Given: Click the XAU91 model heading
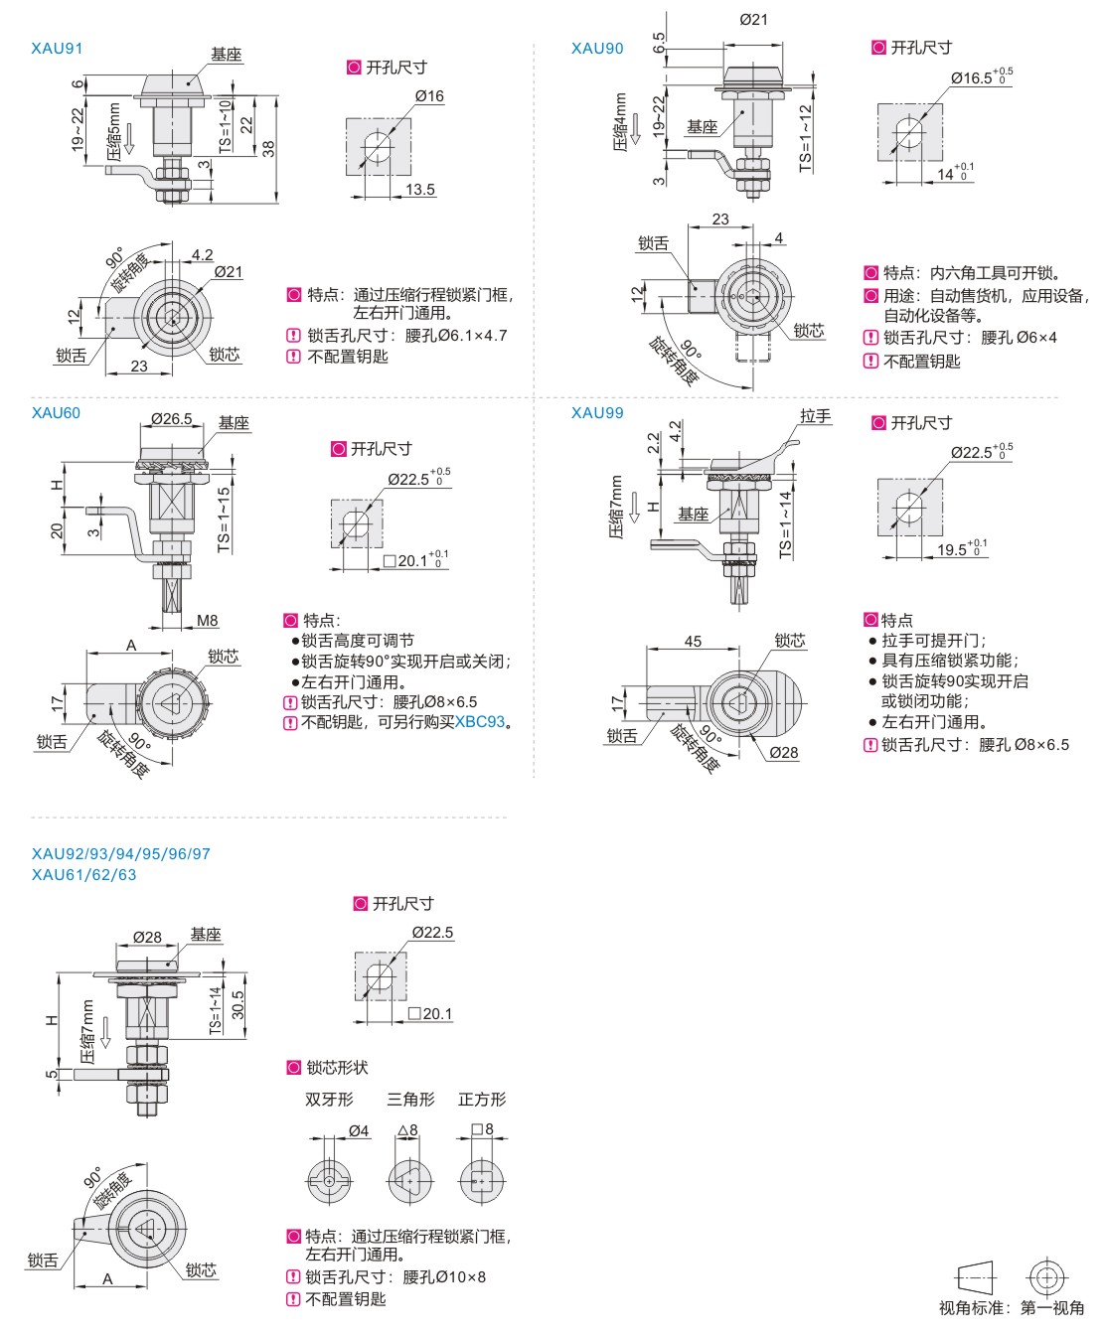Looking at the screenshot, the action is (x=57, y=49).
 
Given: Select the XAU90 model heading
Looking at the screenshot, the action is (x=597, y=49).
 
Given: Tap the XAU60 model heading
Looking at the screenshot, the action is (x=57, y=413).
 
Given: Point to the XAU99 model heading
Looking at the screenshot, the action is (x=597, y=413).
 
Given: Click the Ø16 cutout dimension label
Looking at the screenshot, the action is (x=429, y=96).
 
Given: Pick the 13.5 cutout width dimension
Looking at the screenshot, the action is (x=419, y=190).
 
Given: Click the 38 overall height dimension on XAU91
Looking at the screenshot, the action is (x=268, y=149).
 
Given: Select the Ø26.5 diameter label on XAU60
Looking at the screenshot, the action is (x=172, y=419).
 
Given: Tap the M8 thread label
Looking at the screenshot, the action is (x=208, y=620).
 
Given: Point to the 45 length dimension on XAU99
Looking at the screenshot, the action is (x=693, y=641).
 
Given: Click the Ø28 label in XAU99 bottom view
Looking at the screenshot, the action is (x=784, y=753).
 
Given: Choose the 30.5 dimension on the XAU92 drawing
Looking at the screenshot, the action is (x=238, y=1005).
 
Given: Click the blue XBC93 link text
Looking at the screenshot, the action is (x=480, y=722).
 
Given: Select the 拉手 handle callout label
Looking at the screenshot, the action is (x=816, y=417).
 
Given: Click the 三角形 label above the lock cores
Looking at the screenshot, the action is (x=410, y=1099).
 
